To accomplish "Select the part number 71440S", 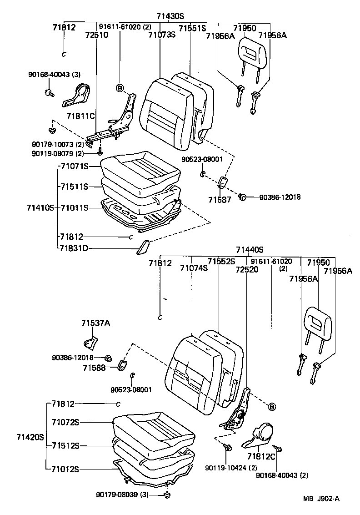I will [x=250, y=249].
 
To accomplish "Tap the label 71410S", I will [x=40, y=208].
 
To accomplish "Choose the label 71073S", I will [x=162, y=35].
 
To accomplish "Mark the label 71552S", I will [x=221, y=261].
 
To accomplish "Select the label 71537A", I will [x=95, y=323].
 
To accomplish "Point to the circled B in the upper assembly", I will [x=120, y=88].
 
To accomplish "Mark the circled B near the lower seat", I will [x=272, y=406].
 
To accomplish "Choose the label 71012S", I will [x=65, y=469].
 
